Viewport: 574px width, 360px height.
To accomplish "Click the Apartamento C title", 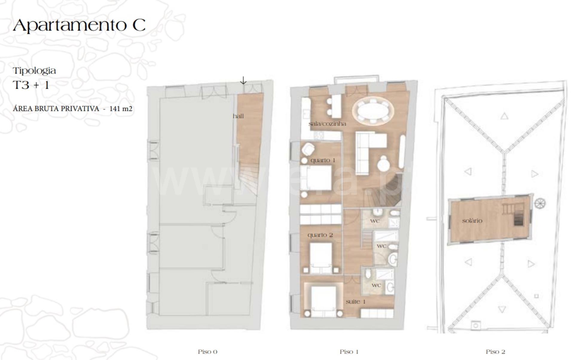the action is (x=79, y=25).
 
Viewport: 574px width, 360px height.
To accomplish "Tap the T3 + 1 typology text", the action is (x=31, y=85).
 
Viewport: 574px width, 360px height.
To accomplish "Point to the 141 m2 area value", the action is (x=121, y=109).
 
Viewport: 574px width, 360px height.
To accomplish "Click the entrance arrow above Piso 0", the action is (x=243, y=80).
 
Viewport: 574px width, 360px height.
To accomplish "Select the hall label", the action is (x=238, y=116).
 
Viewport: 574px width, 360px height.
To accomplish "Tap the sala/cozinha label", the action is (x=327, y=123).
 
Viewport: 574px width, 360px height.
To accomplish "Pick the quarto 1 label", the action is (x=323, y=160).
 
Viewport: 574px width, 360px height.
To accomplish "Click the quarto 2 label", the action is (x=320, y=235).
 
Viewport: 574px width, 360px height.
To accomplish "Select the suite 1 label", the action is (x=356, y=301).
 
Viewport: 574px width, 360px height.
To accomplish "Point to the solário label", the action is (x=472, y=221).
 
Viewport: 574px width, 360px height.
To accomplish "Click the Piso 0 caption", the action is (x=207, y=352).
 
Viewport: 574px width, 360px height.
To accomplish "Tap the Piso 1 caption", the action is (x=349, y=352).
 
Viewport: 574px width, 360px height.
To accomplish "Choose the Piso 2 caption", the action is (x=495, y=352).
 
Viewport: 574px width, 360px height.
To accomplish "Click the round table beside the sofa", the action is (x=383, y=164).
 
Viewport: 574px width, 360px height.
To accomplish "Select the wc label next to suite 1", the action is (x=376, y=285).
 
